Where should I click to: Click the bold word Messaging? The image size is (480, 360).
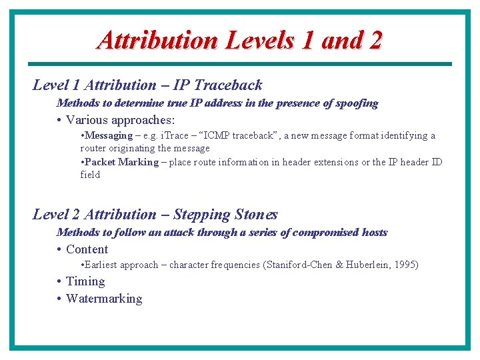coord(109,135)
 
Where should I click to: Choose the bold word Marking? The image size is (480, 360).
coord(139,162)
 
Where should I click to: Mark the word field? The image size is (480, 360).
coord(90,175)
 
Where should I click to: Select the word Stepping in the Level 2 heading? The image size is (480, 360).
coord(204,215)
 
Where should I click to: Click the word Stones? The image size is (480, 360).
coord(256,215)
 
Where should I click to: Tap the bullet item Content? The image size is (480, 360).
coord(87,249)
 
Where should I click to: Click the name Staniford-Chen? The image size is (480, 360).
coord(299,265)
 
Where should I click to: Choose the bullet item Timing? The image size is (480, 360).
coord(85,281)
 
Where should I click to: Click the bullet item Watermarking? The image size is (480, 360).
coord(104,299)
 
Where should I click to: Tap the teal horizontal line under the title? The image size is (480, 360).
coord(240,64)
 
